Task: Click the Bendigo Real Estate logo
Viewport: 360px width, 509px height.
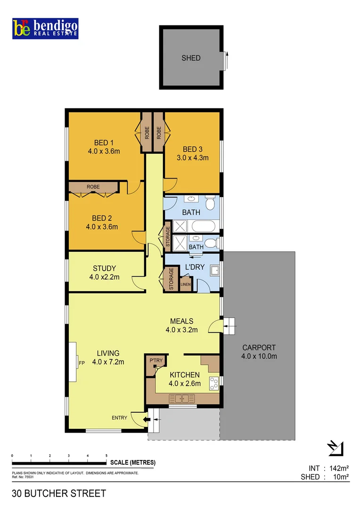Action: point(45,29)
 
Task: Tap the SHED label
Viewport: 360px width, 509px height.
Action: point(191,58)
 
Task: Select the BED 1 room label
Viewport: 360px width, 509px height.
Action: point(104,143)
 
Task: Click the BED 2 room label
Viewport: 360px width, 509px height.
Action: point(102,218)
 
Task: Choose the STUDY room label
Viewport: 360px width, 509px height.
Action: point(104,269)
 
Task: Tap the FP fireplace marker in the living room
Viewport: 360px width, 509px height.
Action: point(82,362)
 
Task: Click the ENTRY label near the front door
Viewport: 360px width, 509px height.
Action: point(119,418)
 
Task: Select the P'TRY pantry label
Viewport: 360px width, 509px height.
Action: point(155,361)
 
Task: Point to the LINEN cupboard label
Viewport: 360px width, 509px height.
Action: point(185,284)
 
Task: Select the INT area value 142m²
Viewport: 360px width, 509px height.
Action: point(335,468)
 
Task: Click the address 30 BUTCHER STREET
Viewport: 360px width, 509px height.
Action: point(59,493)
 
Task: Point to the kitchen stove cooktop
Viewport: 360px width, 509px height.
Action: point(214,384)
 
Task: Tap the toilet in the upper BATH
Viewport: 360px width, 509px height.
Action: point(212,203)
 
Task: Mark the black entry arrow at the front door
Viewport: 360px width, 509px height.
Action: point(150,418)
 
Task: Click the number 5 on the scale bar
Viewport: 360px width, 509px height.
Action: point(106,456)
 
